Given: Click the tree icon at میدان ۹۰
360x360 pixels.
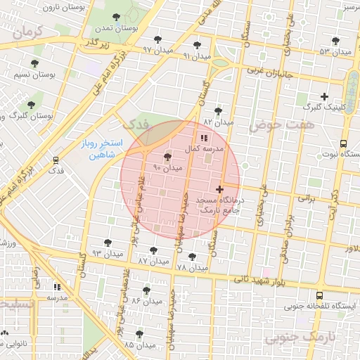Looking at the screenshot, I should point(167,157).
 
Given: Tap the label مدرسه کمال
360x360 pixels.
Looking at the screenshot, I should point(203,149).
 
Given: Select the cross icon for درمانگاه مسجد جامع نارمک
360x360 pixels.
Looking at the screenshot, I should point(221,188).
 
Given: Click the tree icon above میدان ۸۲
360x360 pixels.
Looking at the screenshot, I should point(218,111).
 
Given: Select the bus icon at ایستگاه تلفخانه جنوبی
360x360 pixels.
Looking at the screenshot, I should point(320,295).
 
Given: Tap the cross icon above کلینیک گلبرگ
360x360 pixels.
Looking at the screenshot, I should point(324,96).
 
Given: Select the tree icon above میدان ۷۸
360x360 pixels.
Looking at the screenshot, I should point(193,257).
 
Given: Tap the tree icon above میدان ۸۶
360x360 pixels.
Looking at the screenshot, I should point(146,290).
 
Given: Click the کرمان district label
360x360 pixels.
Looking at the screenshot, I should point(28,31).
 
